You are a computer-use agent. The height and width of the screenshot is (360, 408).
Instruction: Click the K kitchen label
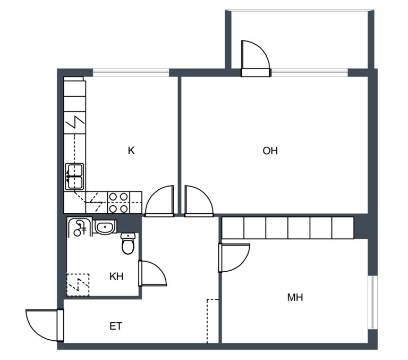131,150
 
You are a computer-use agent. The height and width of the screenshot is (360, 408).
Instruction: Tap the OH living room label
270,151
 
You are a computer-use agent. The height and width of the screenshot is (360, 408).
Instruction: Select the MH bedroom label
295,297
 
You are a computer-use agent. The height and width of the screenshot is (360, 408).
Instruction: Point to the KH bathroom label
116,277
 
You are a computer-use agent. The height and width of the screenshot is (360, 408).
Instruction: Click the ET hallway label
116,326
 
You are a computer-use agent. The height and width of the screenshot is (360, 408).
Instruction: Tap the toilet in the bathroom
128,244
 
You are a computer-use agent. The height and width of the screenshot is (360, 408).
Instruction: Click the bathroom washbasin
105,227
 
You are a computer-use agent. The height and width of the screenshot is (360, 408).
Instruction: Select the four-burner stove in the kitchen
118,203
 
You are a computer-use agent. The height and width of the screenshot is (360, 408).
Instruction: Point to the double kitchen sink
75,177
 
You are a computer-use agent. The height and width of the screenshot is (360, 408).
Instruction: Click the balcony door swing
255,58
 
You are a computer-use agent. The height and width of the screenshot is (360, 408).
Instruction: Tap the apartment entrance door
45,325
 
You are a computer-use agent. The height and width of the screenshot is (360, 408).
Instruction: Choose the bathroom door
152,273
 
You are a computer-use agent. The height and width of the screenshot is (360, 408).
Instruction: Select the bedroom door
234,257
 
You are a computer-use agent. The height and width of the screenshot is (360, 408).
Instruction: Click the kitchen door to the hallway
159,201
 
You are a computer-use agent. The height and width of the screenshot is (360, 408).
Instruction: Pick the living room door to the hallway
199,201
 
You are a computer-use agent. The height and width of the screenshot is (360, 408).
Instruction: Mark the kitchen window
131,73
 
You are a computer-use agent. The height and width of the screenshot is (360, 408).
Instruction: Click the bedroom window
372,302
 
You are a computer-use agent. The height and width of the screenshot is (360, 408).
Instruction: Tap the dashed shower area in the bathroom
78,284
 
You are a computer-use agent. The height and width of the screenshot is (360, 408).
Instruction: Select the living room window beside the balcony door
309,73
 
